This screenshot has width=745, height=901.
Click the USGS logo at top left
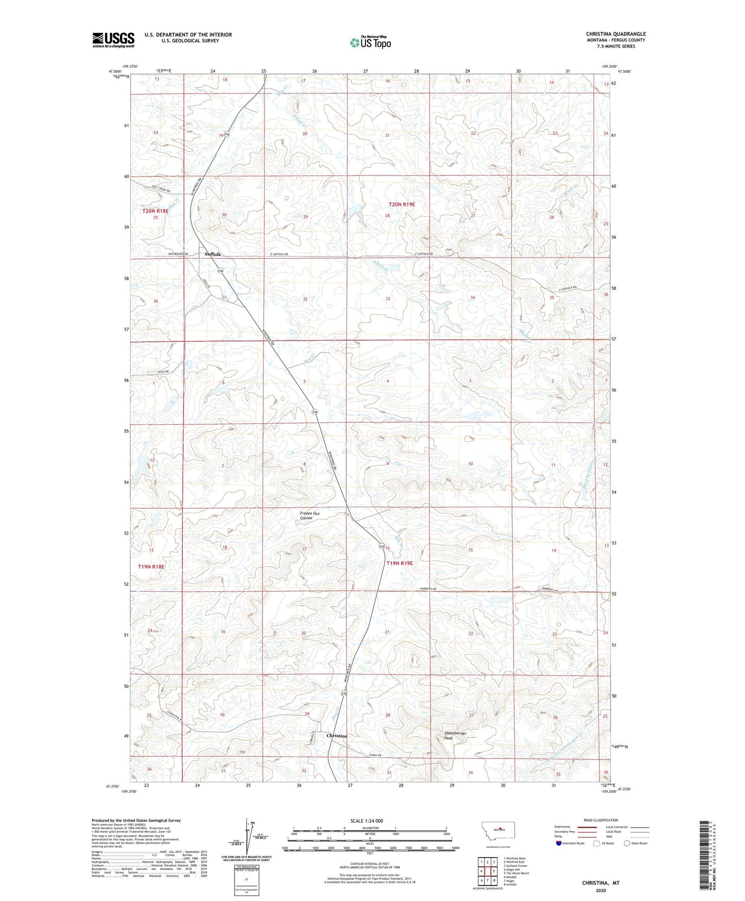113,39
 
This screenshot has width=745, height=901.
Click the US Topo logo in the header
370,42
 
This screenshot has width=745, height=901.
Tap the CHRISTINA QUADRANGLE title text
616,34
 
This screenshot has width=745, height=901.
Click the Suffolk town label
212,254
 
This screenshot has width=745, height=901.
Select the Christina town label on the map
337,735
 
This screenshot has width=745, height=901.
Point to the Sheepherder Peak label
455,735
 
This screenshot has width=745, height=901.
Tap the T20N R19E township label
401,204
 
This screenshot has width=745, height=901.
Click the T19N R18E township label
151,567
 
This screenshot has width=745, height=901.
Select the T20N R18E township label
155,211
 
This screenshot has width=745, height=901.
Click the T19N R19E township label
400,564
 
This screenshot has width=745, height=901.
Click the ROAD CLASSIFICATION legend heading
601,820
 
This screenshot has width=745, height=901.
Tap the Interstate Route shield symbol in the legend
559,843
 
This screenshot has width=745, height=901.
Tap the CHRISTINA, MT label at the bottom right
601,883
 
